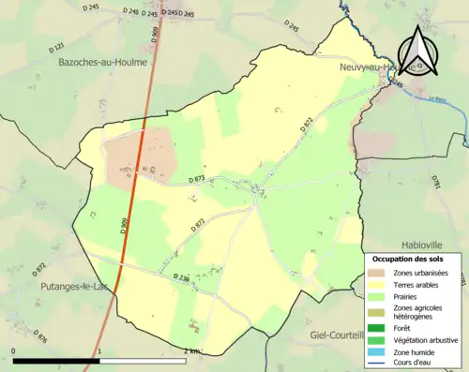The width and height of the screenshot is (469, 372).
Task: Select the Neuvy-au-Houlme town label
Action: (x=380, y=67)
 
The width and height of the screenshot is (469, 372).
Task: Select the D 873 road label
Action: (x=195, y=178)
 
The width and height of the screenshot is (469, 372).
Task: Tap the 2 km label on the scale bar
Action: (x=192, y=350)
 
